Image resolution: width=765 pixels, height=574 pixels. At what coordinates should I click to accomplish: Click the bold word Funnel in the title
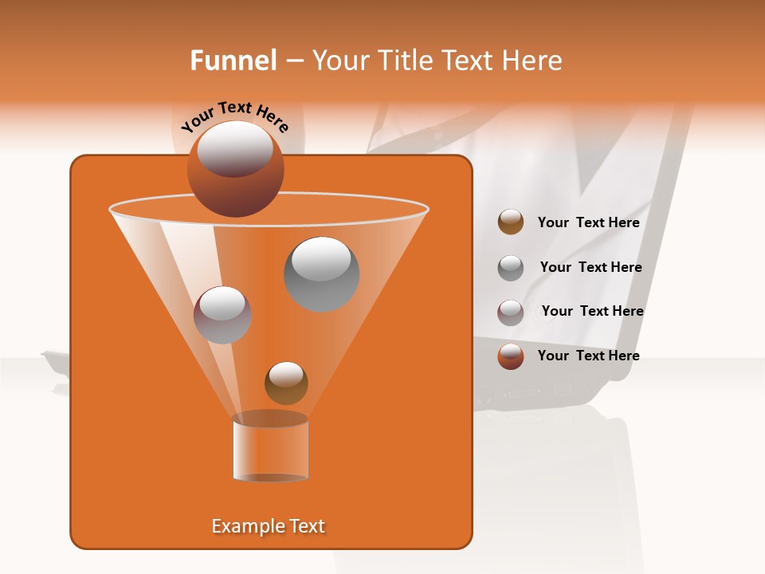(233, 61)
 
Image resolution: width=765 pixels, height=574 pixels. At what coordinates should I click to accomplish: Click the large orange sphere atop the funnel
(235, 168)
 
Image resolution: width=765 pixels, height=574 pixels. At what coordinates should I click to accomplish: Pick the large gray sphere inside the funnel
(321, 273)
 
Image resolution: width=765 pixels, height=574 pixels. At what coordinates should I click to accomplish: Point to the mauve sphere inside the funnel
(222, 315)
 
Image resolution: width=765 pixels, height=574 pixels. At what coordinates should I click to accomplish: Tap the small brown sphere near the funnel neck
(286, 383)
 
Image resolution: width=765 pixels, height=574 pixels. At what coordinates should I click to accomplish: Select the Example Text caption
(268, 526)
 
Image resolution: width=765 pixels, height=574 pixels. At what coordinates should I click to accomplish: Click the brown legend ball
(511, 222)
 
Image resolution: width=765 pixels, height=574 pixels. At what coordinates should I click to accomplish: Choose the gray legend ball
(511, 267)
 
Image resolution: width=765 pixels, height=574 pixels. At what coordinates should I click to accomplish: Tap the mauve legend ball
(511, 312)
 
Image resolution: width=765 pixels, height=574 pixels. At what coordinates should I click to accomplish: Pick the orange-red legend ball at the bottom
(511, 356)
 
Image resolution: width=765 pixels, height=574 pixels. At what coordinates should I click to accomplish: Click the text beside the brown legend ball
(588, 223)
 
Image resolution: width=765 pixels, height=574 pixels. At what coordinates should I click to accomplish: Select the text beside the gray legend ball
(590, 268)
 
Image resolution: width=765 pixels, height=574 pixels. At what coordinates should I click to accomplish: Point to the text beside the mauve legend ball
(592, 312)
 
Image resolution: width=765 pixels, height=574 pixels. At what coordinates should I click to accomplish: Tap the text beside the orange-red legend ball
(588, 356)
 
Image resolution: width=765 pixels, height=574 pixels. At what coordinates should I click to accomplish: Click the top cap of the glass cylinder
(270, 419)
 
